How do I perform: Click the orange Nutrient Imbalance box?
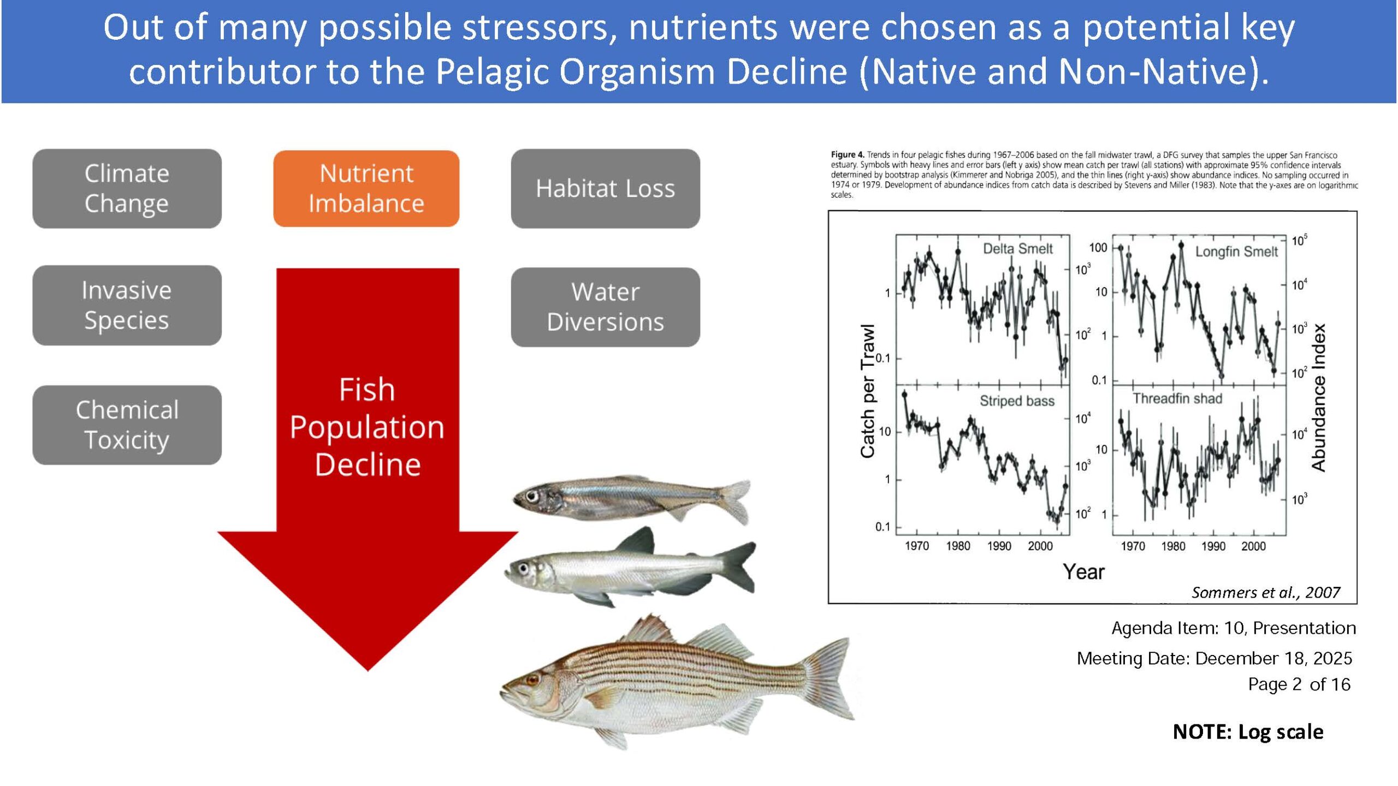coord(366,188)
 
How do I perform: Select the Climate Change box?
coord(127,188)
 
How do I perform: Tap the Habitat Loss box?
coord(605,188)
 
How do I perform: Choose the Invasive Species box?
coord(127,305)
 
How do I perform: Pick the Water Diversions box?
coord(605,307)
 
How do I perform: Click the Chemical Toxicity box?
coord(127,425)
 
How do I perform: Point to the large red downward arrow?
coord(368,469)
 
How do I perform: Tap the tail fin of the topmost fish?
coord(734,501)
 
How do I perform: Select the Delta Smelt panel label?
coord(1018,249)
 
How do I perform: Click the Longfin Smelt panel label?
coord(1236,252)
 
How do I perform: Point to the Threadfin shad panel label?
coord(1177,398)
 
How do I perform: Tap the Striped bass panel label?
coord(1017,401)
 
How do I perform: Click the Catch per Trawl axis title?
coord(867,391)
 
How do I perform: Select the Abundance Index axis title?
coord(1318,397)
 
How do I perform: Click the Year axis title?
coord(1083,571)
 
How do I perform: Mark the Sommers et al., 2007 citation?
coord(1266,592)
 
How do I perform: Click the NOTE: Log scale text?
coord(1248,731)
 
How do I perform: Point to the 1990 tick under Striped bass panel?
coord(999,546)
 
